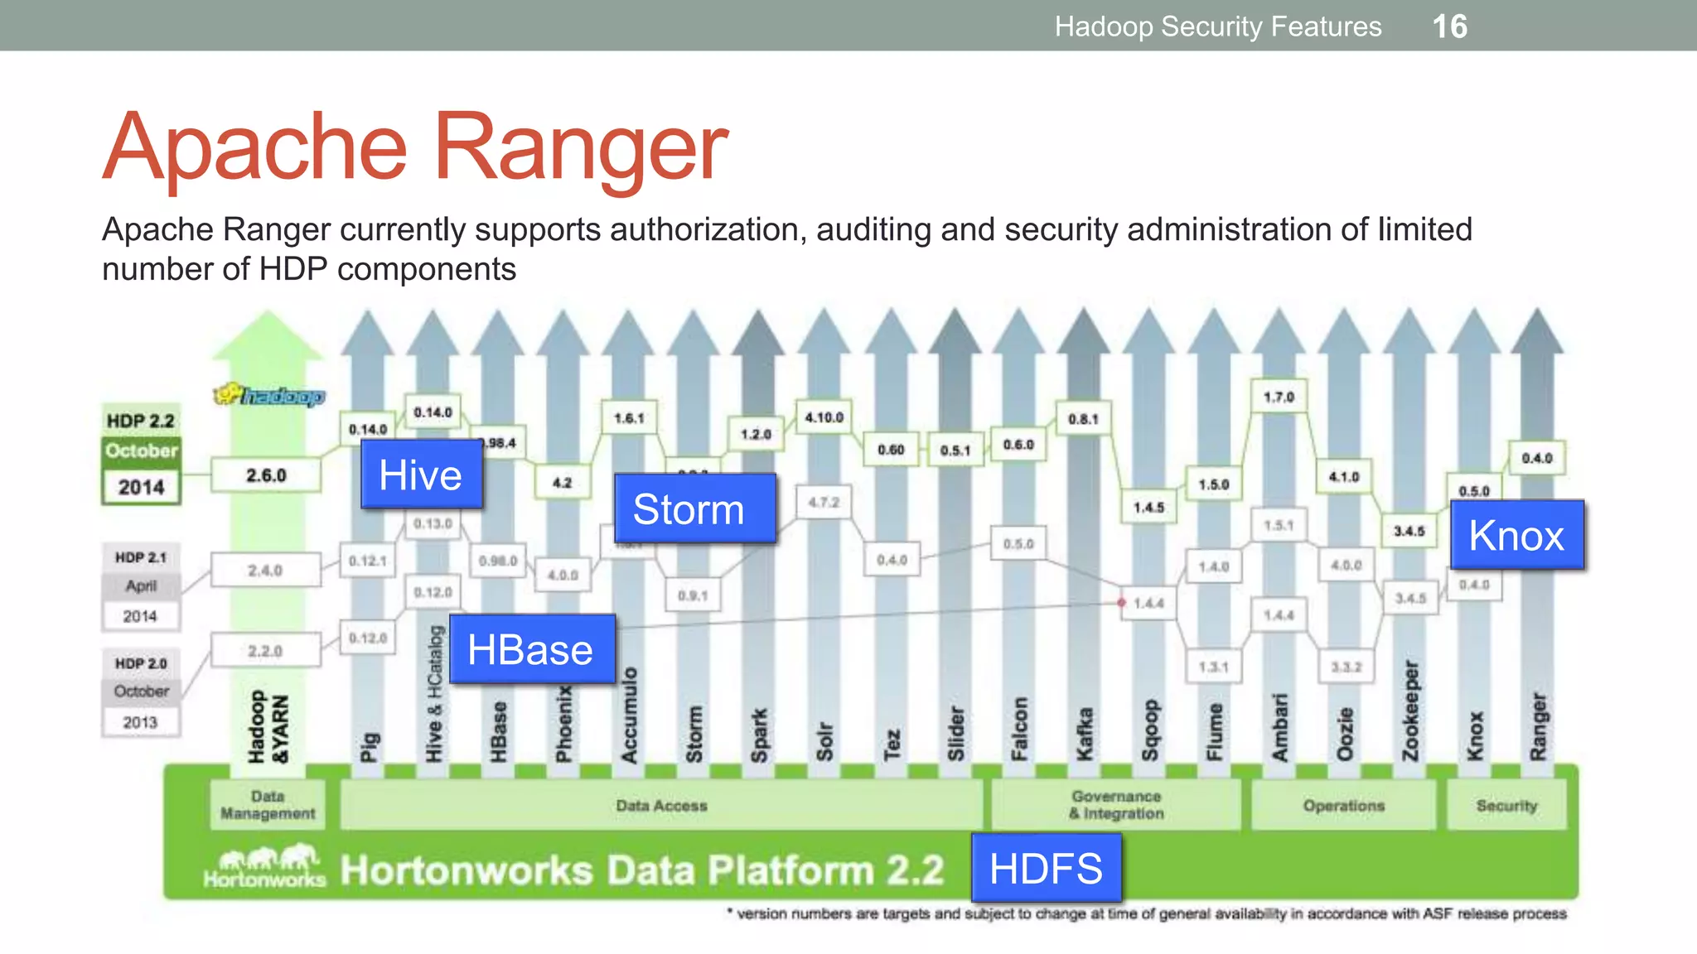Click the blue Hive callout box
pyautogui.click(x=421, y=475)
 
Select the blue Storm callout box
pyautogui.click(x=694, y=508)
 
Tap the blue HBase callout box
pyautogui.click(x=531, y=649)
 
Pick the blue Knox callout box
pyautogui.click(x=1516, y=535)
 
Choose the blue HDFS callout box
pyautogui.click(x=1046, y=868)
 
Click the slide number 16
pyautogui.click(x=1450, y=26)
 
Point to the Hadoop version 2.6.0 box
pyautogui.click(x=266, y=475)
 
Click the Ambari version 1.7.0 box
pyautogui.click(x=1279, y=397)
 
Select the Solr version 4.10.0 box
pyautogui.click(x=824, y=417)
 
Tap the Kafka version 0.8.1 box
pyautogui.click(x=1083, y=419)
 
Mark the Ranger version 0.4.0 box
pyautogui.click(x=1536, y=458)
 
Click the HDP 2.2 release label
pyautogui.click(x=141, y=421)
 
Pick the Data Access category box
pyautogui.click(x=661, y=805)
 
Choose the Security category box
pyautogui.click(x=1506, y=805)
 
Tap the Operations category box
pyautogui.click(x=1343, y=805)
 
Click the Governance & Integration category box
pyautogui.click(x=1116, y=805)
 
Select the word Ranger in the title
pyautogui.click(x=580, y=147)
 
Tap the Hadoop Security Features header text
pyautogui.click(x=1218, y=26)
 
